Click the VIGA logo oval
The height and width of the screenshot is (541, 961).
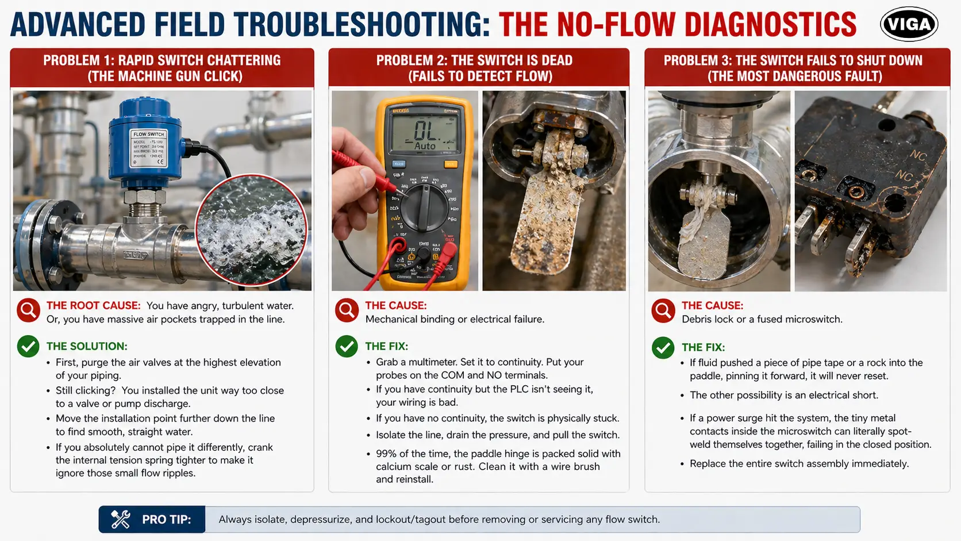tap(909, 24)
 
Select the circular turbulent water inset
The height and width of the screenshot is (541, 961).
tap(251, 229)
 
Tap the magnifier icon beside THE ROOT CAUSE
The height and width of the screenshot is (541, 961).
tap(28, 310)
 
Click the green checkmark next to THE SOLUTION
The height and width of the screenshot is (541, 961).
tap(28, 346)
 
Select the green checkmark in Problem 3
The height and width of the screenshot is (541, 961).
tap(663, 347)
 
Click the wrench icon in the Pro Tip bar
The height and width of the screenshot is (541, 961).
tap(121, 519)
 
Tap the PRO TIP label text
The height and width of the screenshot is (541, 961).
tap(166, 520)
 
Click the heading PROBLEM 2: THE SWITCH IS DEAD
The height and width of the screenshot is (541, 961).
tap(474, 60)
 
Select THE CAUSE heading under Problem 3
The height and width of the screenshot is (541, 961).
tap(712, 305)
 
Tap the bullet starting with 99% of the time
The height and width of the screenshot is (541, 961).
tap(498, 466)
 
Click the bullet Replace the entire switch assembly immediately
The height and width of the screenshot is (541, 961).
tap(799, 463)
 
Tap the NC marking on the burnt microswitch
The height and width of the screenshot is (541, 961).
tap(917, 155)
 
